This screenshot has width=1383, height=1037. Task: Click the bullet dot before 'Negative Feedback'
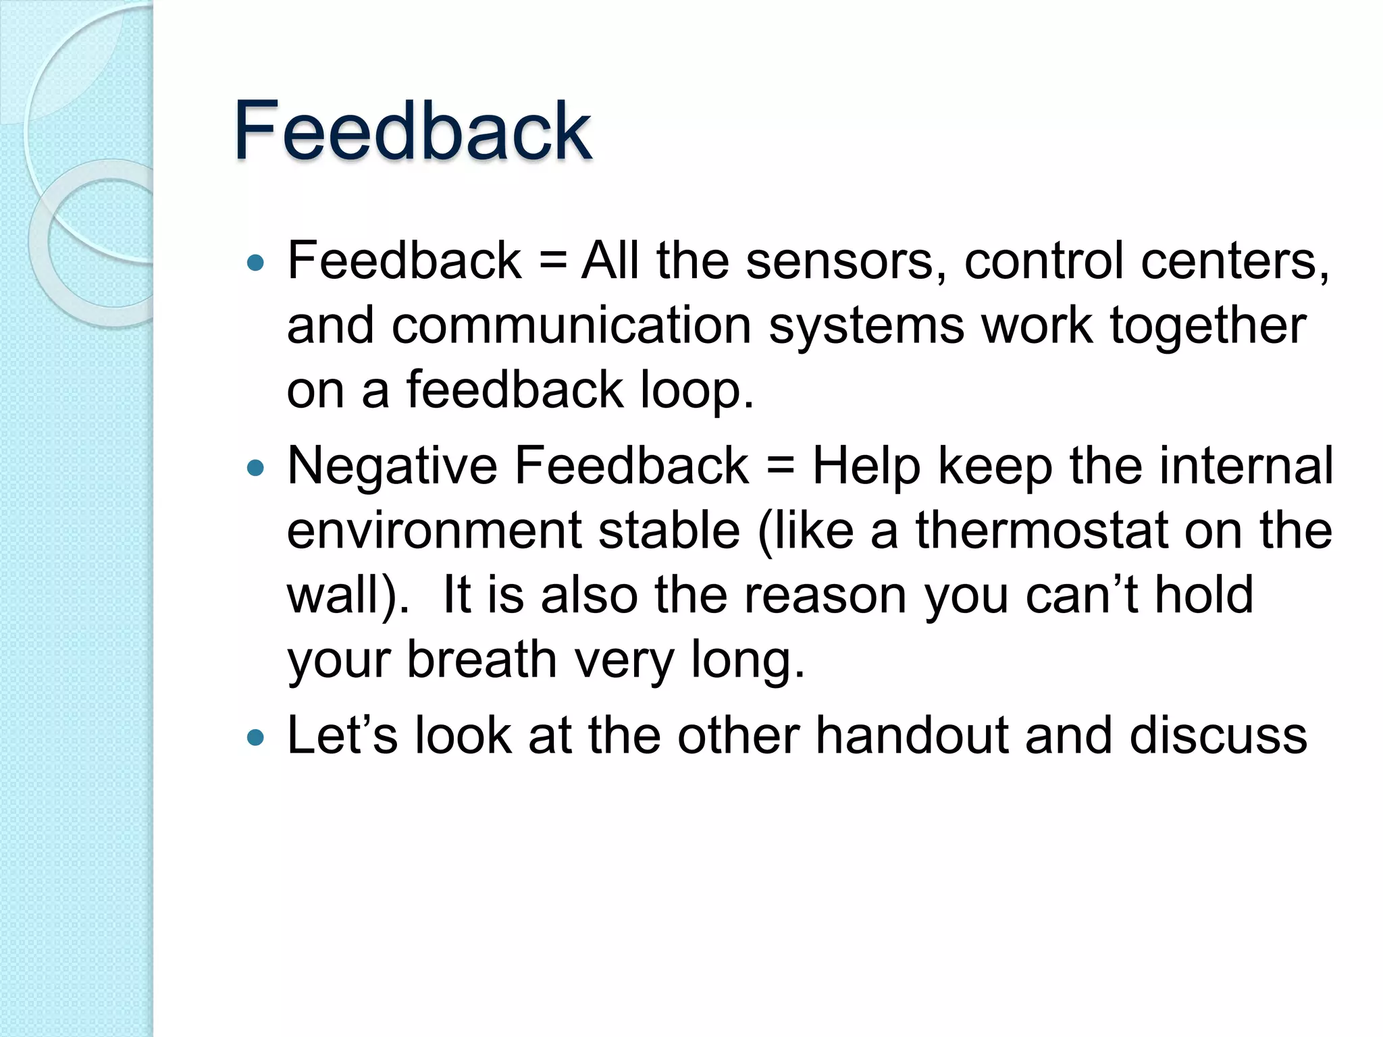click(x=256, y=467)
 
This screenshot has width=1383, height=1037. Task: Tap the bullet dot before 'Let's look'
click(x=256, y=737)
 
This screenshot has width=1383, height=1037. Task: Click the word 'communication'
click(x=571, y=326)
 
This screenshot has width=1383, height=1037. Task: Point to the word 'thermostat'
click(x=1041, y=531)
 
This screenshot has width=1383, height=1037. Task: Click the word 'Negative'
click(x=392, y=467)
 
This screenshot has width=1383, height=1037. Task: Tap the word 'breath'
click(x=481, y=660)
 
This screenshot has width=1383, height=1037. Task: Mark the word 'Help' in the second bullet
click(x=866, y=467)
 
